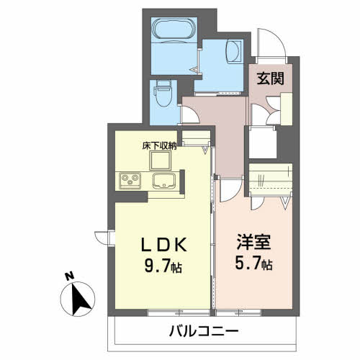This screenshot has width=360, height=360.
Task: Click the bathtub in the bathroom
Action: click(174, 31)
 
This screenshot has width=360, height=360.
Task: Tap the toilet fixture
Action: click(163, 93)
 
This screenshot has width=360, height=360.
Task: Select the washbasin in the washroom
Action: click(233, 51)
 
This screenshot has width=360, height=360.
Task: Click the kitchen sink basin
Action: click(164, 181)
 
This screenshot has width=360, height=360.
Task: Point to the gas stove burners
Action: click(130, 181)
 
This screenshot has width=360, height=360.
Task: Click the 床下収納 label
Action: click(159, 145)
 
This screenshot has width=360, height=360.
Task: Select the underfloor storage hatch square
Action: click(161, 161)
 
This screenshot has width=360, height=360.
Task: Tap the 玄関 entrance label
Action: click(271, 78)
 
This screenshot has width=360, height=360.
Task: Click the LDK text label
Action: click(163, 245)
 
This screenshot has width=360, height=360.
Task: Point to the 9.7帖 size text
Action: click(163, 266)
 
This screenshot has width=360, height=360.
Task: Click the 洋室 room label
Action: click(253, 242)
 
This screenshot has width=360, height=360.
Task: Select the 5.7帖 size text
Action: click(253, 264)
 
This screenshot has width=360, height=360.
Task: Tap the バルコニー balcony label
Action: click(204, 331)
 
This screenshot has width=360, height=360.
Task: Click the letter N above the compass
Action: click(70, 276)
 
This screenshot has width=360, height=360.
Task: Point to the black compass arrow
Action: click(79, 299)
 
